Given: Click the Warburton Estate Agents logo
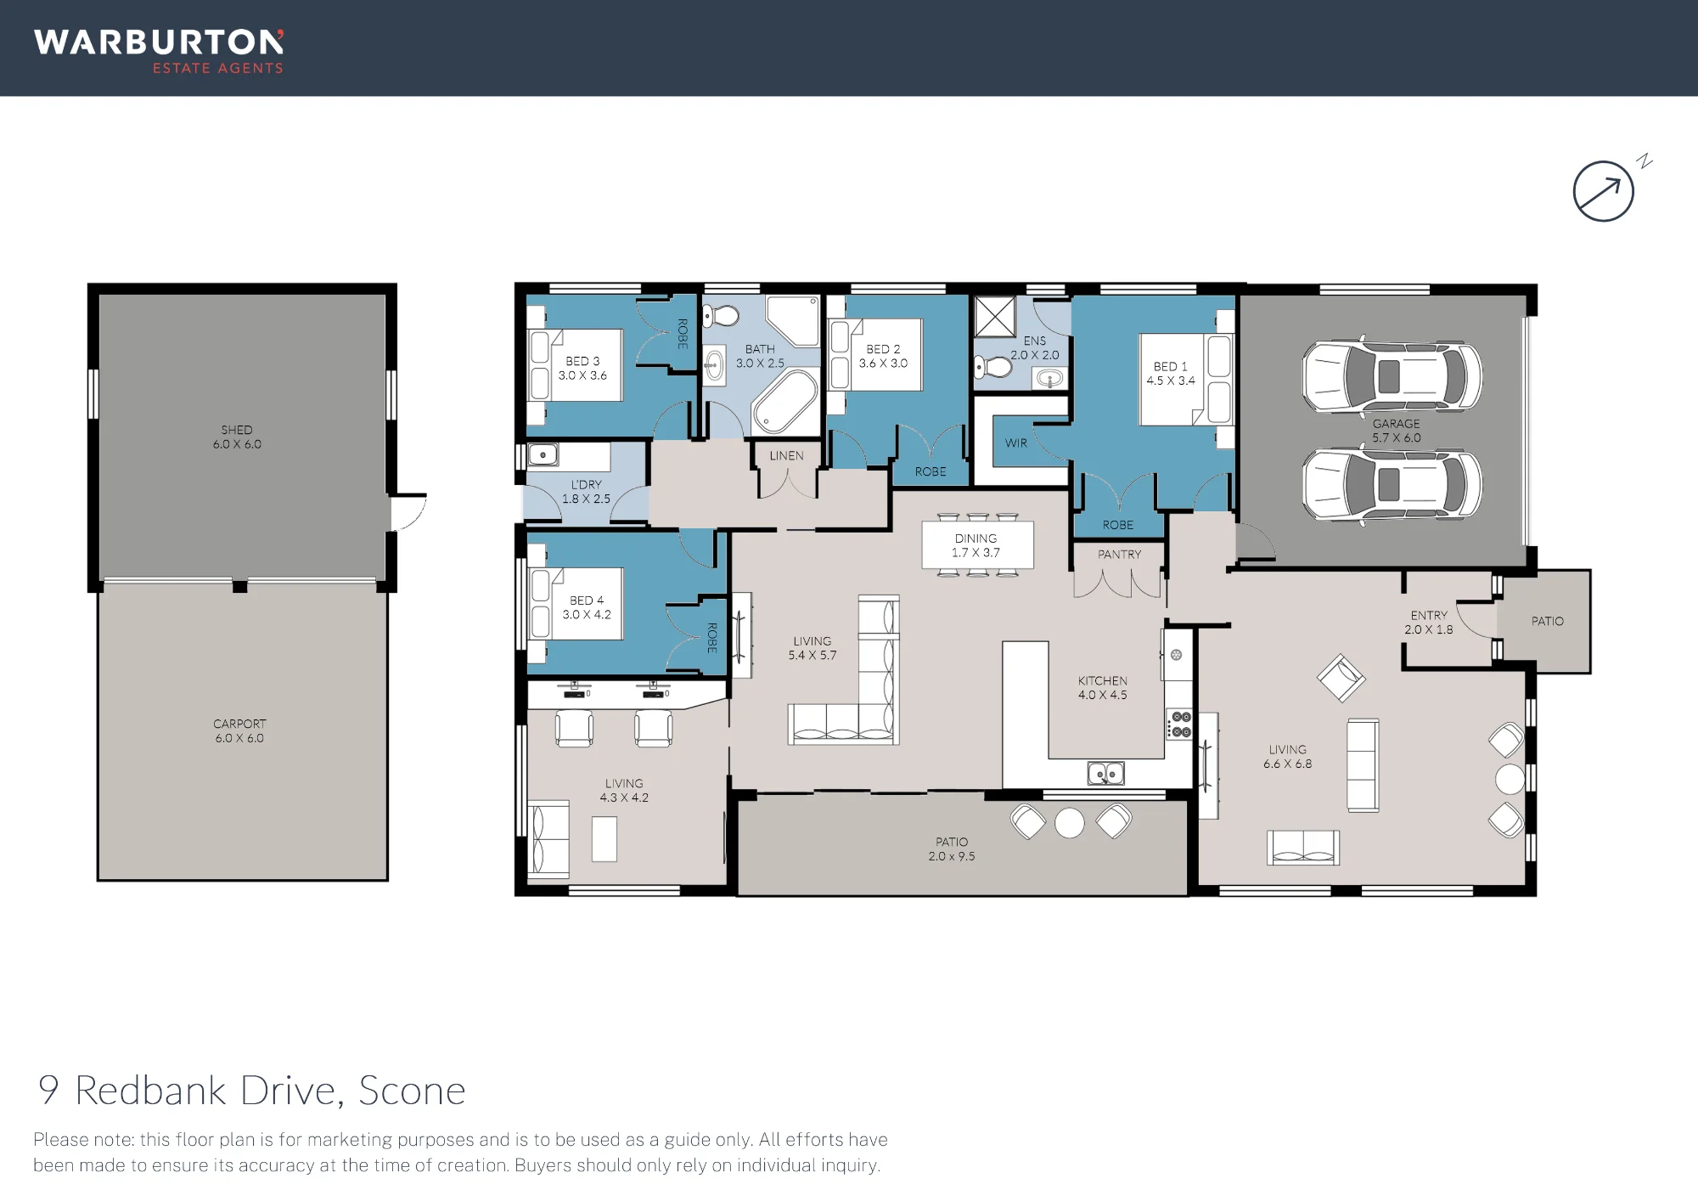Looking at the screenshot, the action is pos(159,52).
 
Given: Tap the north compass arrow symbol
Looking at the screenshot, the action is pos(1604,191).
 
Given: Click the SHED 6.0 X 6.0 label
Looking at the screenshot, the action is pos(237,437).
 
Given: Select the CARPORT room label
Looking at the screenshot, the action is pos(239,724).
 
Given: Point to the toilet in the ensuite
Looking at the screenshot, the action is pos(992,367).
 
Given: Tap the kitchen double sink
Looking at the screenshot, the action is pos(1105,773).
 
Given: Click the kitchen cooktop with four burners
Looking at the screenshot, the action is pos(1180,724).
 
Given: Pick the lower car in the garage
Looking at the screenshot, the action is pos(1392,484).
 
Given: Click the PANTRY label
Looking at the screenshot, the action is pos(1119,554).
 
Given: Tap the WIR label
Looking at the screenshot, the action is pos(1016,443).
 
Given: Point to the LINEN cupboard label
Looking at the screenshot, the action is pos(786,455).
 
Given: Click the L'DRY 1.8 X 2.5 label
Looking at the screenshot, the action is pos(586,492).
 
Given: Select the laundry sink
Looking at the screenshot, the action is pos(543,455).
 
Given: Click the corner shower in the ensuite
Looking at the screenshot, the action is pos(994,317).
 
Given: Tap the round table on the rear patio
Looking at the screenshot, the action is pos(1069,822).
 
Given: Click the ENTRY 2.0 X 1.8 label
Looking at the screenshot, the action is pos(1429,623).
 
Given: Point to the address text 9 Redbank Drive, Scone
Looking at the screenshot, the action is pos(252,1091).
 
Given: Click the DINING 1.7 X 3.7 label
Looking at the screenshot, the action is pos(976,545).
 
